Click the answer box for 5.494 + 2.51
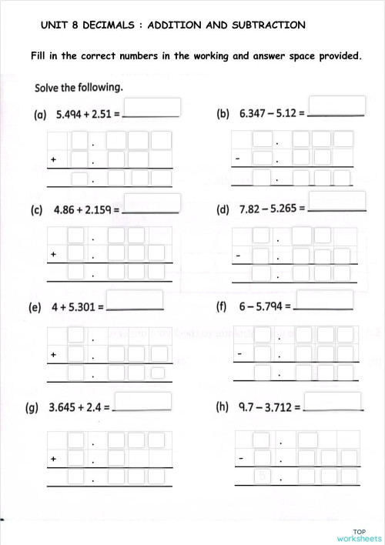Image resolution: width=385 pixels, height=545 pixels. click(x=151, y=107)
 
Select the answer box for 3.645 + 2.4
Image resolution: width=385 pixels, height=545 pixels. click(x=143, y=400)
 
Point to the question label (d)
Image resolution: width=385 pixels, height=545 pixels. click(x=223, y=209)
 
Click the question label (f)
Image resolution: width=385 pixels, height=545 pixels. click(x=222, y=306)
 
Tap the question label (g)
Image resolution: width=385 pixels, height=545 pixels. click(x=35, y=406)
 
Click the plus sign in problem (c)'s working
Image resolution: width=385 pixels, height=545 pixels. click(x=54, y=253)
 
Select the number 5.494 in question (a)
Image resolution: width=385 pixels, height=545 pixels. click(x=72, y=115)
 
